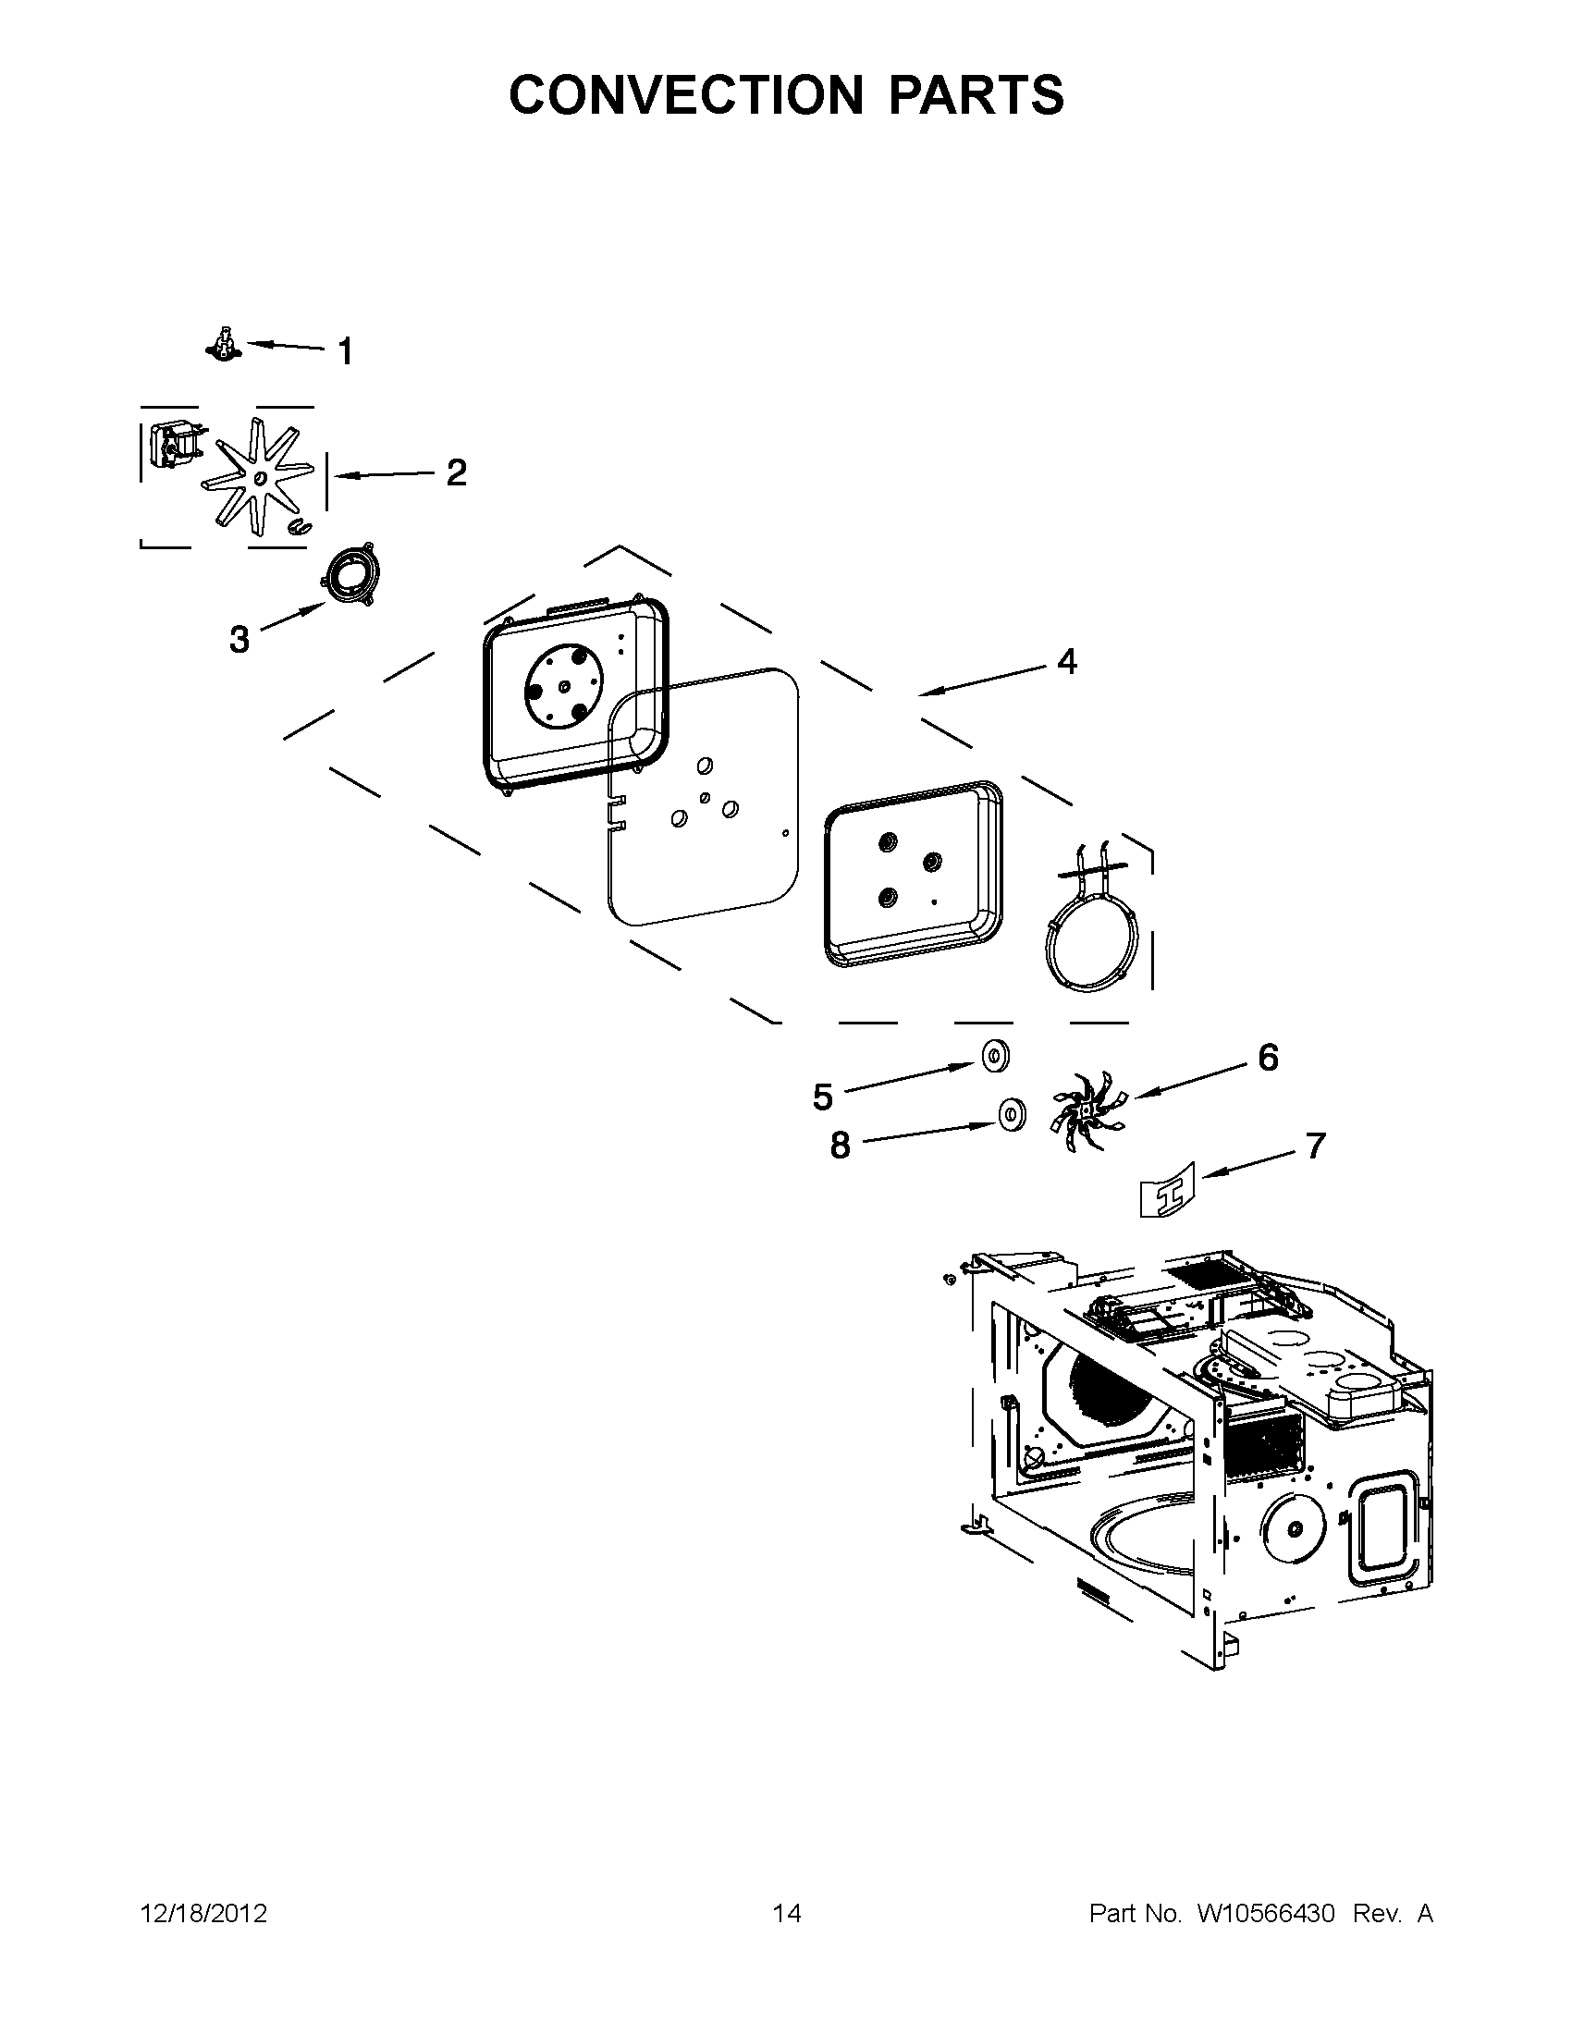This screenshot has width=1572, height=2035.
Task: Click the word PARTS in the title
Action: click(976, 95)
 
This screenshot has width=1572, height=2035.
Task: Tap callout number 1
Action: click(345, 352)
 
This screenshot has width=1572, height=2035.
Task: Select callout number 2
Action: click(456, 473)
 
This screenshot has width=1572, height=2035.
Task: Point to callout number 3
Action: click(239, 639)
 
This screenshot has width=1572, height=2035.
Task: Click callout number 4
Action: click(1067, 662)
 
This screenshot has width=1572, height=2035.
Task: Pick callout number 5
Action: click(822, 1097)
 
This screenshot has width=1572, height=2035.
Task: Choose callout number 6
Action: click(1268, 1058)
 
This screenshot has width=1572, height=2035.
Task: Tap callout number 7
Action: click(1315, 1146)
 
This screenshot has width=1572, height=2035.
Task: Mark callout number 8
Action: click(841, 1146)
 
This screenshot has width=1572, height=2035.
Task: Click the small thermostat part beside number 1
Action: click(223, 345)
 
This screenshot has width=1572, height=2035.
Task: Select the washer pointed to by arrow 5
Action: click(995, 1056)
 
